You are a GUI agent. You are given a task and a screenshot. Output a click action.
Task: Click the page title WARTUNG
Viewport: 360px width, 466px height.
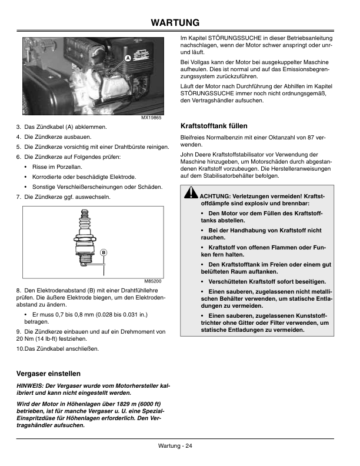click(179, 22)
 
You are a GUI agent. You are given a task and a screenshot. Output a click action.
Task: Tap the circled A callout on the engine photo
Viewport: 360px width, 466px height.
click(126, 58)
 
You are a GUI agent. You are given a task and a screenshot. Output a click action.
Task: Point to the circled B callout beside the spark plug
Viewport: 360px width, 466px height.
click(102, 252)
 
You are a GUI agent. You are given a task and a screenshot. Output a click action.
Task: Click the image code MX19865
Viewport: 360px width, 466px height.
click(151, 118)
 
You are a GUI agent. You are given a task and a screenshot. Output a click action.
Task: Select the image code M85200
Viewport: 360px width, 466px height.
click(152, 281)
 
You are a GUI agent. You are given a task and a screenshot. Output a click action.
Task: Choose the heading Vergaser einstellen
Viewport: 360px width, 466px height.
click(48, 374)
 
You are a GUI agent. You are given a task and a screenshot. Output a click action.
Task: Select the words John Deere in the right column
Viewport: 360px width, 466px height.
click(195, 154)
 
